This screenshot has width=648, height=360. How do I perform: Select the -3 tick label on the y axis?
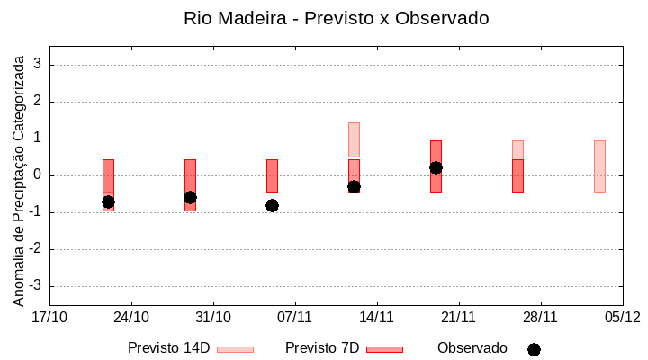pyautogui.click(x=36, y=286)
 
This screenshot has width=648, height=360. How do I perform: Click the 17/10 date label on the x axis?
pyautogui.click(x=49, y=317)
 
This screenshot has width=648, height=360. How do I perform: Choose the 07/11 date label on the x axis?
pyautogui.click(x=294, y=317)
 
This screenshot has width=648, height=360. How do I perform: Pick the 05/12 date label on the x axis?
pyautogui.click(x=622, y=317)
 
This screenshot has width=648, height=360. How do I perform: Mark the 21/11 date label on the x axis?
pyautogui.click(x=458, y=317)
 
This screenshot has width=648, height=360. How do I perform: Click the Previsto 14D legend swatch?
pyautogui.click(x=235, y=349)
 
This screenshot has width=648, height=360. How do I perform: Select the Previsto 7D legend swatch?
pyautogui.click(x=384, y=349)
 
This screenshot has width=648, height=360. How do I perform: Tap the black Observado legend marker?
pyautogui.click(x=534, y=349)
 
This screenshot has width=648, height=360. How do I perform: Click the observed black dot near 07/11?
pyautogui.click(x=272, y=205)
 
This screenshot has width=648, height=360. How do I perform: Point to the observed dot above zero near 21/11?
pyautogui.click(x=436, y=167)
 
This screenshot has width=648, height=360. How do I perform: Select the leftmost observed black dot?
pyautogui.click(x=108, y=202)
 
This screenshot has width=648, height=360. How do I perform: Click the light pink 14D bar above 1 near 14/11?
pyautogui.click(x=354, y=139)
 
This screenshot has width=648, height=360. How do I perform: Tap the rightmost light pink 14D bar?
pyautogui.click(x=599, y=166)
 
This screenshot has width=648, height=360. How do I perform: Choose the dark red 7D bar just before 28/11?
pyautogui.click(x=517, y=175)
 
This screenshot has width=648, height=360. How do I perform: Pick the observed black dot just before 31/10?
pyautogui.click(x=190, y=197)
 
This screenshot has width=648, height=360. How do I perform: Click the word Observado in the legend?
pyautogui.click(x=472, y=347)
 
